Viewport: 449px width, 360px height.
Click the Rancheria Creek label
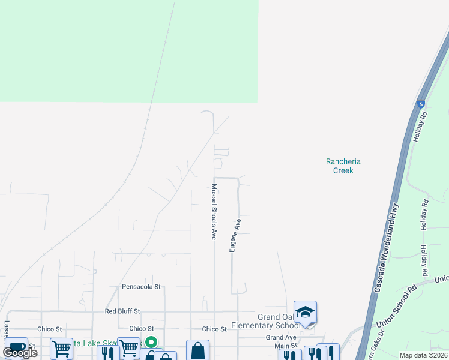pos(343,166)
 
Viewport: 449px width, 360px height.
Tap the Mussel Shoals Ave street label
pos(214,212)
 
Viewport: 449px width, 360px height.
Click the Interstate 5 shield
pos(420,104)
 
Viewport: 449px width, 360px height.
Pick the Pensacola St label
pos(142,287)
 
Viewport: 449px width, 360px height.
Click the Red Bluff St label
pos(122,311)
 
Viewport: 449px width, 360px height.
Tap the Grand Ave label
pos(282,338)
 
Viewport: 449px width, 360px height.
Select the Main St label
pos(286,346)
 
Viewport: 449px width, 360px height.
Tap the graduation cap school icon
pos(305,312)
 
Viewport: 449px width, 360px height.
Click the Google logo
pos(20,352)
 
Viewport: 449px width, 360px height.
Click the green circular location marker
pos(151,343)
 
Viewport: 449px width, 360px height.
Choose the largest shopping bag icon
pos(197,351)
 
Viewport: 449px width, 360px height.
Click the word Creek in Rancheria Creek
pos(343,170)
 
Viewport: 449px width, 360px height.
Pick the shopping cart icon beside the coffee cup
pos(61,349)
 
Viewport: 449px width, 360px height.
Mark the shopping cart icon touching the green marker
pos(129,349)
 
